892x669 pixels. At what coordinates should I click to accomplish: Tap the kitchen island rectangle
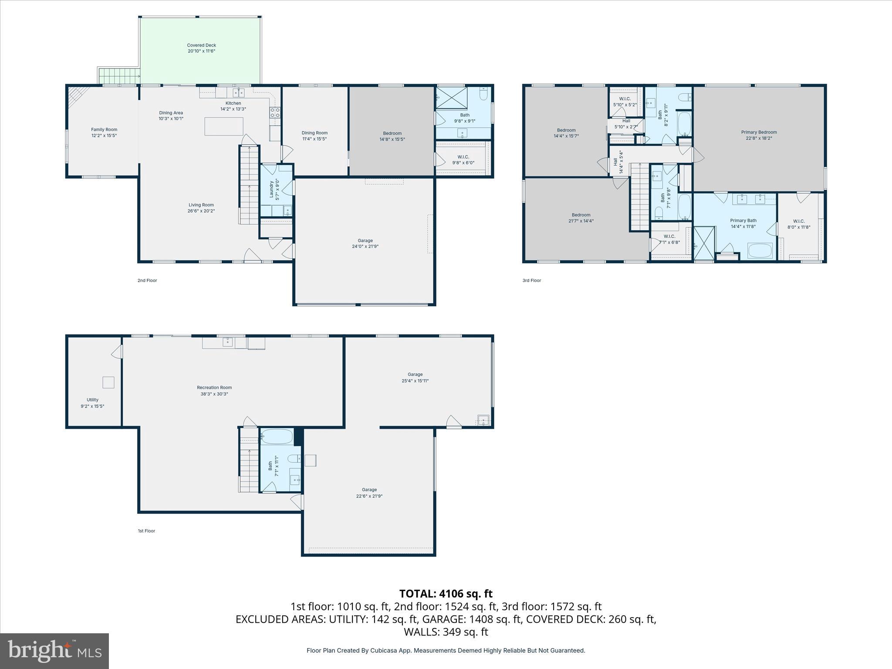tap(224, 126)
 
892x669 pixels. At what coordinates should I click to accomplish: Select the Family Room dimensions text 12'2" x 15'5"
tap(104, 135)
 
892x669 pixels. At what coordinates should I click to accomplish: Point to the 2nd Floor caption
tap(147, 280)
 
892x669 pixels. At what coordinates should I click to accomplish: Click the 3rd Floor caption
tap(531, 280)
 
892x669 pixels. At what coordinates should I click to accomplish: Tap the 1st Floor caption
tap(146, 531)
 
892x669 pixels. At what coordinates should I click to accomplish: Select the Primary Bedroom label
tap(759, 132)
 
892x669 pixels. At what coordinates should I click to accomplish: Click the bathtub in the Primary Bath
tap(760, 251)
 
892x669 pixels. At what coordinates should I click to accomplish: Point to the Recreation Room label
tap(214, 388)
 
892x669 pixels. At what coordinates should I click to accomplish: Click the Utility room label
tap(92, 400)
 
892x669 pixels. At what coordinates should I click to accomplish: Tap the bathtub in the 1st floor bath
tap(277, 437)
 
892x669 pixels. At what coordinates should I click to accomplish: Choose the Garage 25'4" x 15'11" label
tap(415, 378)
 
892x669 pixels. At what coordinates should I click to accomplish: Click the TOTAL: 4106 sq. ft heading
tap(446, 594)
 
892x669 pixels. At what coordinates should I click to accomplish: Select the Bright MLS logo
tap(54, 651)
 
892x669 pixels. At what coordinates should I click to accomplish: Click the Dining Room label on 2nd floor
tap(314, 133)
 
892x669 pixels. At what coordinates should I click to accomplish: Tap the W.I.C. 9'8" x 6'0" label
tap(463, 160)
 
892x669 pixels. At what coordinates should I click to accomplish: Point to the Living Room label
tap(201, 205)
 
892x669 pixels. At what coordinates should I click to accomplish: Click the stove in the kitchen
tap(275, 113)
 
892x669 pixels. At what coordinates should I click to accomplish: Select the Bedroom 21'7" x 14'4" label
tap(581, 218)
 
